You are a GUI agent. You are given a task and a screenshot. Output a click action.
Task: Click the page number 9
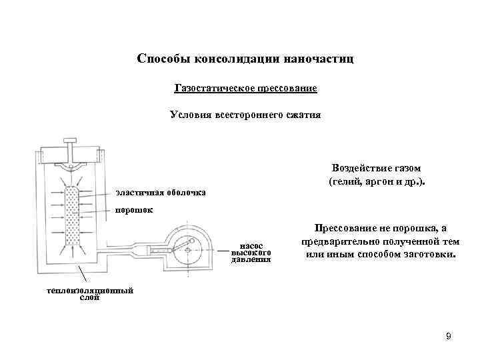[449, 337]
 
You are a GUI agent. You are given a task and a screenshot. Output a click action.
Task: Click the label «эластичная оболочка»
[161, 193]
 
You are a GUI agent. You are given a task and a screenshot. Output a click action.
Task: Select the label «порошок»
[135, 211]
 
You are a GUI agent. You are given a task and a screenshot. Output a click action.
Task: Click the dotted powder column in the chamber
[72, 217]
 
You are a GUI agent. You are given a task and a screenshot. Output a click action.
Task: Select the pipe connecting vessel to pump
[127, 250]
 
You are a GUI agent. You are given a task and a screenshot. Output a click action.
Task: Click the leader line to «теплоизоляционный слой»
[81, 275]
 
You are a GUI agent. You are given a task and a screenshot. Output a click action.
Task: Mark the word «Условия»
[191, 115]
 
